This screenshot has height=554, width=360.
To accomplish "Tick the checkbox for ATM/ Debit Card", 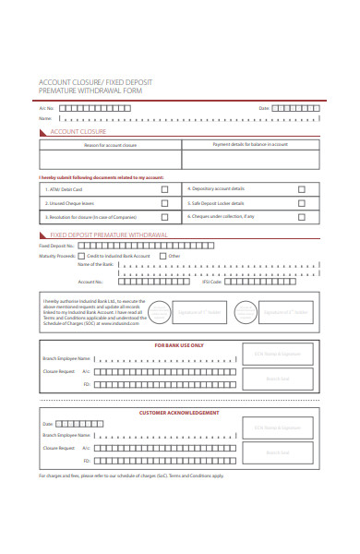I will tap(164, 188).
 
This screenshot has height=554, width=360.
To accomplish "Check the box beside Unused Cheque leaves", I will tap(164, 203).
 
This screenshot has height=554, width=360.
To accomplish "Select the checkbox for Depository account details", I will tap(301, 188).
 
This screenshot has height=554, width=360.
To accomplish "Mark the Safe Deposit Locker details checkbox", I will tap(301, 203).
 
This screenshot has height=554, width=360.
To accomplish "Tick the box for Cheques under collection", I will tap(301, 217).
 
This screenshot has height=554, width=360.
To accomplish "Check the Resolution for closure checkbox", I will tap(164, 218).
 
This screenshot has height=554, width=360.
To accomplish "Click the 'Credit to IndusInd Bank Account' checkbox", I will tap(81, 256).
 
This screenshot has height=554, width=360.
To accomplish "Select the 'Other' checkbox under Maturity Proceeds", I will tap(162, 256).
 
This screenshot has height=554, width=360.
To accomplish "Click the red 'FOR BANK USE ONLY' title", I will tap(179, 345).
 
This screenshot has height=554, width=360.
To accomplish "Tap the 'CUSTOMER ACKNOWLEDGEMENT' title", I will tap(179, 413).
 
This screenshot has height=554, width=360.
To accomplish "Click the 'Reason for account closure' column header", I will tap(110, 145).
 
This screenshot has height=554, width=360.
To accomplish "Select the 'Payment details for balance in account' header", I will tap(250, 145).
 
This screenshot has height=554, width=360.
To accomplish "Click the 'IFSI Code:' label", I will tap(211, 282).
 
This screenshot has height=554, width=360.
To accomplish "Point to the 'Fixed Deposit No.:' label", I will tap(56, 247).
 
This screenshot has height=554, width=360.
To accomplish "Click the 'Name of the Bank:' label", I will tap(96, 264).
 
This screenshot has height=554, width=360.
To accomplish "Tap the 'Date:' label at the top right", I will tap(264, 108).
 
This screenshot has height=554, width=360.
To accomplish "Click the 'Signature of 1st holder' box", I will tap(199, 312).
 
